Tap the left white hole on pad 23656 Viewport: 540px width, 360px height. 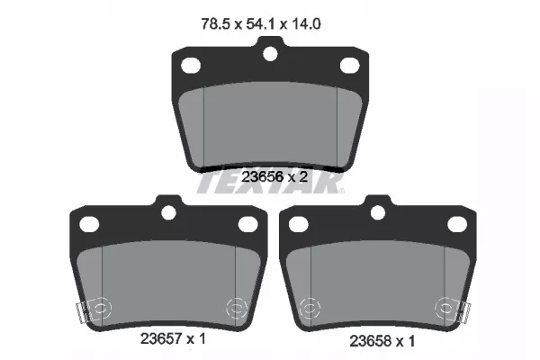click(x=191, y=65)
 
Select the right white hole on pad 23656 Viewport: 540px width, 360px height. click(x=348, y=65)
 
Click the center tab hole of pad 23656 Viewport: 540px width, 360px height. click(x=269, y=54)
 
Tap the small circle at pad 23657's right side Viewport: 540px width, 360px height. click(x=237, y=306)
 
